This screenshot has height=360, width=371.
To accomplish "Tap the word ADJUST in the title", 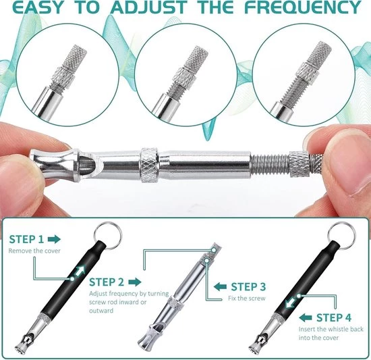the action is tap(149, 7).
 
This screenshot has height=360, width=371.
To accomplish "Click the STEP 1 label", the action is tap(26, 239).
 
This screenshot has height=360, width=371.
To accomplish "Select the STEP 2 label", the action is tap(107, 282).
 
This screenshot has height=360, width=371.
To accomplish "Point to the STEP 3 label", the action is tap(248, 286).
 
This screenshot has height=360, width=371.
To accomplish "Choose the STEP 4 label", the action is tap(334, 317).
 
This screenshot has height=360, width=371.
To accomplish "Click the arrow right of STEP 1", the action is tap(54, 239).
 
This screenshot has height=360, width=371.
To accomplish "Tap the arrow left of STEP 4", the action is tap(306, 317).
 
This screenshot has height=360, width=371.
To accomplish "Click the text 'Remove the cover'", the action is tap(34, 251).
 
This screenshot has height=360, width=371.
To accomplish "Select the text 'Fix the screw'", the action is tap(246, 298).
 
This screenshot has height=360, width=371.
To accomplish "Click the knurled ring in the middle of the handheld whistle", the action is tap(149, 165).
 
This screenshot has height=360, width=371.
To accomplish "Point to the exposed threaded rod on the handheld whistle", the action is tap(270, 163).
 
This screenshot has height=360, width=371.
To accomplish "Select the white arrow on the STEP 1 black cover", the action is tap(80, 271).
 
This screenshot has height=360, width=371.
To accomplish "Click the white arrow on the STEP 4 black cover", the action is tap(291, 303).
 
